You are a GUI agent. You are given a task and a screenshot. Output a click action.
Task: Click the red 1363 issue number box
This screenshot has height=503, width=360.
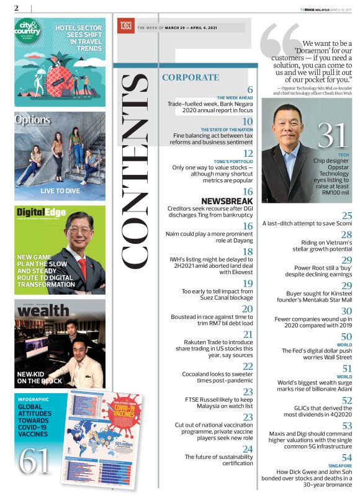coord(126,25)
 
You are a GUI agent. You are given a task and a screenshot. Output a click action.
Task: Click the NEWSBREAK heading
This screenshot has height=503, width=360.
coord(227,201)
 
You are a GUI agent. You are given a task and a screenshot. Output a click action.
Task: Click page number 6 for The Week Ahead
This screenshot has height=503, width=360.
coord(250,90)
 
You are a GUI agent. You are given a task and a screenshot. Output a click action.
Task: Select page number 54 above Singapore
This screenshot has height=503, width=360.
coord(347,458)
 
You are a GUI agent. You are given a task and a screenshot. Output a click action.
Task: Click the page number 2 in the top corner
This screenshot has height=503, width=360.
coord(16,7)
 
